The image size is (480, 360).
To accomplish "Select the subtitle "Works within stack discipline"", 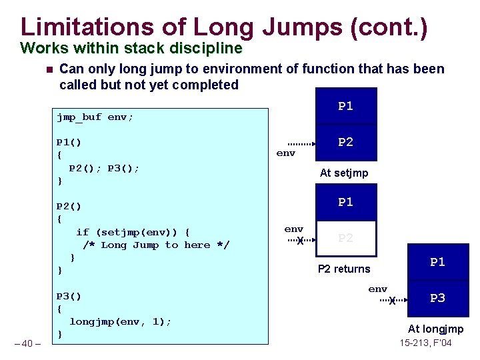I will point(131,48).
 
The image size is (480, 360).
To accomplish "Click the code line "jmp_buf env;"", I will point(95,117).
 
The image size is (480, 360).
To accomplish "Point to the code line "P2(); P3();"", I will point(105,168).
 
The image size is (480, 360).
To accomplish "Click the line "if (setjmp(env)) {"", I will point(133,232).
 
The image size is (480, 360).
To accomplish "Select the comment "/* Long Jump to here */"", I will point(156,245).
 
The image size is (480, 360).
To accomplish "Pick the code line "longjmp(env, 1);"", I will point(120,321).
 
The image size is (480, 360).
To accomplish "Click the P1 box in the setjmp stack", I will point(345,106).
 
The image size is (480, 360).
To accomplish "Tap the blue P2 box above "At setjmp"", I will point(345,142).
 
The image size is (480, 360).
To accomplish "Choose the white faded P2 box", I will point(345,238).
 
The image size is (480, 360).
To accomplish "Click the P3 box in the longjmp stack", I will point(437,298).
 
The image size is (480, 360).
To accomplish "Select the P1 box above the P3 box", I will point(437,262).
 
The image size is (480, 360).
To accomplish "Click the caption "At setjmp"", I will point(344,173).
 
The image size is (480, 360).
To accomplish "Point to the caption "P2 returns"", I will point(344,269).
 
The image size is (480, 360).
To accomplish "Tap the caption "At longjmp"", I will point(435,329).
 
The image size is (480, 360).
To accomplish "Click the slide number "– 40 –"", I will point(27,343).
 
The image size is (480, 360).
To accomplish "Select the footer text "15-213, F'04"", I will point(425,343).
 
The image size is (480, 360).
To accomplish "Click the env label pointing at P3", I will point(378,289).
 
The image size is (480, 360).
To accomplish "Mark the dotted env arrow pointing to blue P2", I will point(301,143).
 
